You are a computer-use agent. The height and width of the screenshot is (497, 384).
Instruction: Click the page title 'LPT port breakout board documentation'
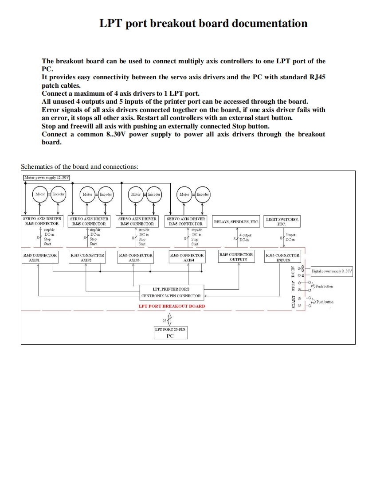click(x=203, y=23)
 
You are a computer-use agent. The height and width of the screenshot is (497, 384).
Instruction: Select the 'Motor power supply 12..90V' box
click(x=47, y=178)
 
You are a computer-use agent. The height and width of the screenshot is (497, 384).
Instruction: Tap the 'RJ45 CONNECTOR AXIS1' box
click(x=39, y=257)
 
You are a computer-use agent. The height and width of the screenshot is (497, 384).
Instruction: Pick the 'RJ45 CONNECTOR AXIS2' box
click(x=87, y=257)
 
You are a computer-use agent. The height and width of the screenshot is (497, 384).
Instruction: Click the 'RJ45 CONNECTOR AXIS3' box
click(x=135, y=257)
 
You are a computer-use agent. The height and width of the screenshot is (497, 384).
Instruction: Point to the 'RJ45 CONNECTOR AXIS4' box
click(x=187, y=257)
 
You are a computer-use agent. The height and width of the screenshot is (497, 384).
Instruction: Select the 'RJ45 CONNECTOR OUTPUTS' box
click(x=236, y=257)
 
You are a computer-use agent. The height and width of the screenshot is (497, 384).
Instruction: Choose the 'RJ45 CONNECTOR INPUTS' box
click(x=282, y=257)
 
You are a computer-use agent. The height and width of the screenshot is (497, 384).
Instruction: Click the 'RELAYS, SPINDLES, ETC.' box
click(x=236, y=221)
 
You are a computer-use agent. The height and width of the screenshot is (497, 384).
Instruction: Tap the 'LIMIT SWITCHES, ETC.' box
click(x=282, y=221)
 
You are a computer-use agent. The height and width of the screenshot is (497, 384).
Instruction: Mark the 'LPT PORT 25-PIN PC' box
click(x=170, y=333)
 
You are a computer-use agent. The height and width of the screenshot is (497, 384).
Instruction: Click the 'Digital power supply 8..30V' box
click(x=331, y=271)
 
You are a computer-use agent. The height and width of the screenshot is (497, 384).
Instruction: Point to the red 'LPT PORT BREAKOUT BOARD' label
click(x=172, y=306)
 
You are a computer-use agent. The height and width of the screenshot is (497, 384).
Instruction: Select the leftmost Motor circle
click(x=40, y=194)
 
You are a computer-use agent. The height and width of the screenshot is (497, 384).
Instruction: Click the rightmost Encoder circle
click(x=203, y=194)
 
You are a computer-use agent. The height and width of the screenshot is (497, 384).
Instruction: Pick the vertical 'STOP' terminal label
click(x=293, y=286)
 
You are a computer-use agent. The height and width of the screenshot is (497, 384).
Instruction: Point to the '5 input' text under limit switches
click(x=290, y=235)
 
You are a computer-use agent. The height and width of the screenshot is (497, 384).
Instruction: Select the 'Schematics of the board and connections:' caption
click(x=80, y=167)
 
